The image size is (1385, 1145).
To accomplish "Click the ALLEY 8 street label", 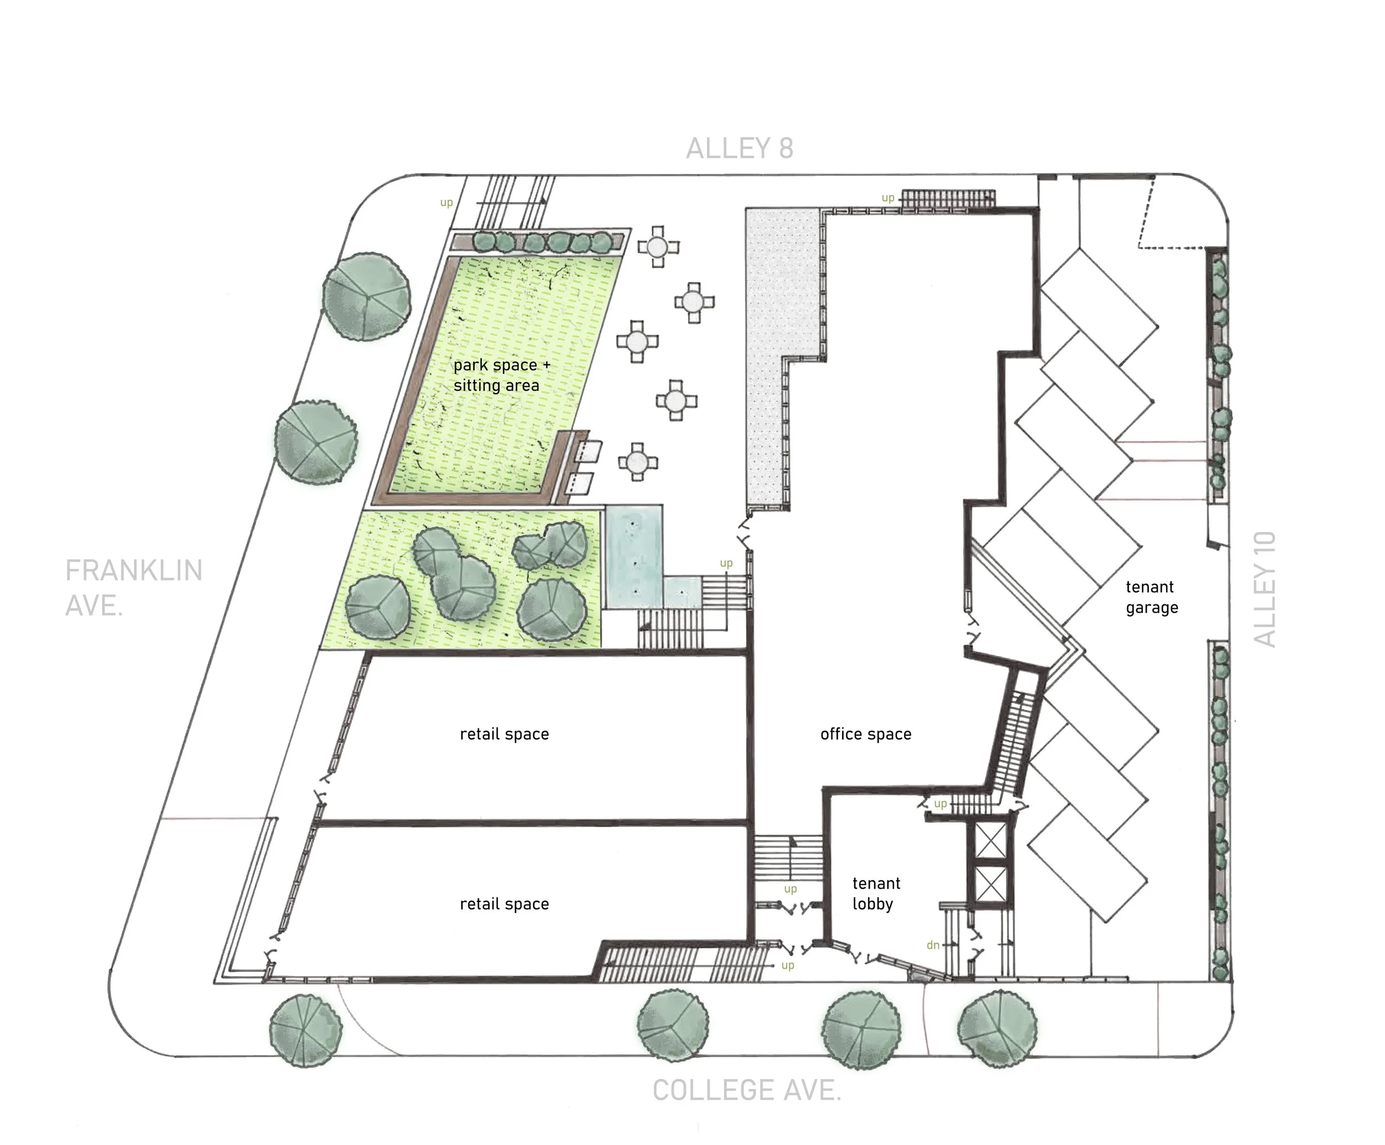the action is click(x=740, y=148).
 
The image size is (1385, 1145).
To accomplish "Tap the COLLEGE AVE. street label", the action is click(x=747, y=1090).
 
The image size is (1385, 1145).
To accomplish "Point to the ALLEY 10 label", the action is click(x=1264, y=589).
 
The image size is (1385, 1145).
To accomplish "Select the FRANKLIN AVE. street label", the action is click(x=134, y=588).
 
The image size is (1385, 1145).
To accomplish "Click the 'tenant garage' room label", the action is click(x=1152, y=597).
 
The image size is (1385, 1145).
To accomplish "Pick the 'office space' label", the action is click(x=865, y=734).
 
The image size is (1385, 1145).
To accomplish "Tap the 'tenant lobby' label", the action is click(x=876, y=893).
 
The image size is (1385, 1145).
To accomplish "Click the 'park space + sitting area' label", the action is click(x=501, y=374).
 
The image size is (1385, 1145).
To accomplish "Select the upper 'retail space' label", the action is click(x=504, y=734).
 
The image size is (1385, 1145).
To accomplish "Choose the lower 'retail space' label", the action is click(x=504, y=903).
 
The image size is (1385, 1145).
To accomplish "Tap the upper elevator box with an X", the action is click(x=991, y=840).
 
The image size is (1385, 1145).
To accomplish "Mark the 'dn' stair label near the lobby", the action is click(x=932, y=945).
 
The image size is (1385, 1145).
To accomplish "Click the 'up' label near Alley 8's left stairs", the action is click(x=447, y=203).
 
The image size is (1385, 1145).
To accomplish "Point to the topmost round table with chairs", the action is click(x=658, y=248).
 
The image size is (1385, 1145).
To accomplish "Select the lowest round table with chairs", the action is click(x=637, y=461).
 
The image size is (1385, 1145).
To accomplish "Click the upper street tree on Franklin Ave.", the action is click(x=367, y=297).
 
